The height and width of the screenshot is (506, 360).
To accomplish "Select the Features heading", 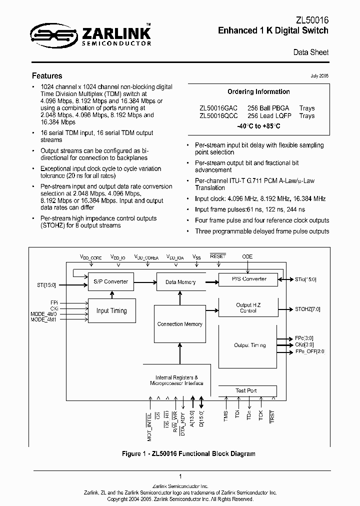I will click(47, 76).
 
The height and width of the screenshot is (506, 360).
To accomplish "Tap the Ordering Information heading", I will click(258, 92).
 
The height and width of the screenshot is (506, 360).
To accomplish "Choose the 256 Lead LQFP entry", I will click(268, 115).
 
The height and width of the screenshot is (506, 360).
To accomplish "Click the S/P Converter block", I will click(111, 281).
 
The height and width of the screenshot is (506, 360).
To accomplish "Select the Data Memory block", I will click(180, 282).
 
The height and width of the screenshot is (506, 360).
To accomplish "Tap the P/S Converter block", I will click(247, 279).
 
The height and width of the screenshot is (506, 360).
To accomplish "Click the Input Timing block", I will click(111, 310).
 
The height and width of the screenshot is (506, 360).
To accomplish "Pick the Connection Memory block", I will click(179, 324).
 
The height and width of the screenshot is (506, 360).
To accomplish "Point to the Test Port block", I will click(246, 390).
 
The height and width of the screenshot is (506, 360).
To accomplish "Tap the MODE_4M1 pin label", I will click(44, 319).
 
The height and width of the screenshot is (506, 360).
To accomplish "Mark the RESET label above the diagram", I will click(218, 256).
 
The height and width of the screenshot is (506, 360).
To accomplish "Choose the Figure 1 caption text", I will click(188, 454).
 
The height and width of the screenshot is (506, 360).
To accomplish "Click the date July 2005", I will click(319, 75).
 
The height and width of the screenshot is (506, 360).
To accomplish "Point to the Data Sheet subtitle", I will click(310, 52).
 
